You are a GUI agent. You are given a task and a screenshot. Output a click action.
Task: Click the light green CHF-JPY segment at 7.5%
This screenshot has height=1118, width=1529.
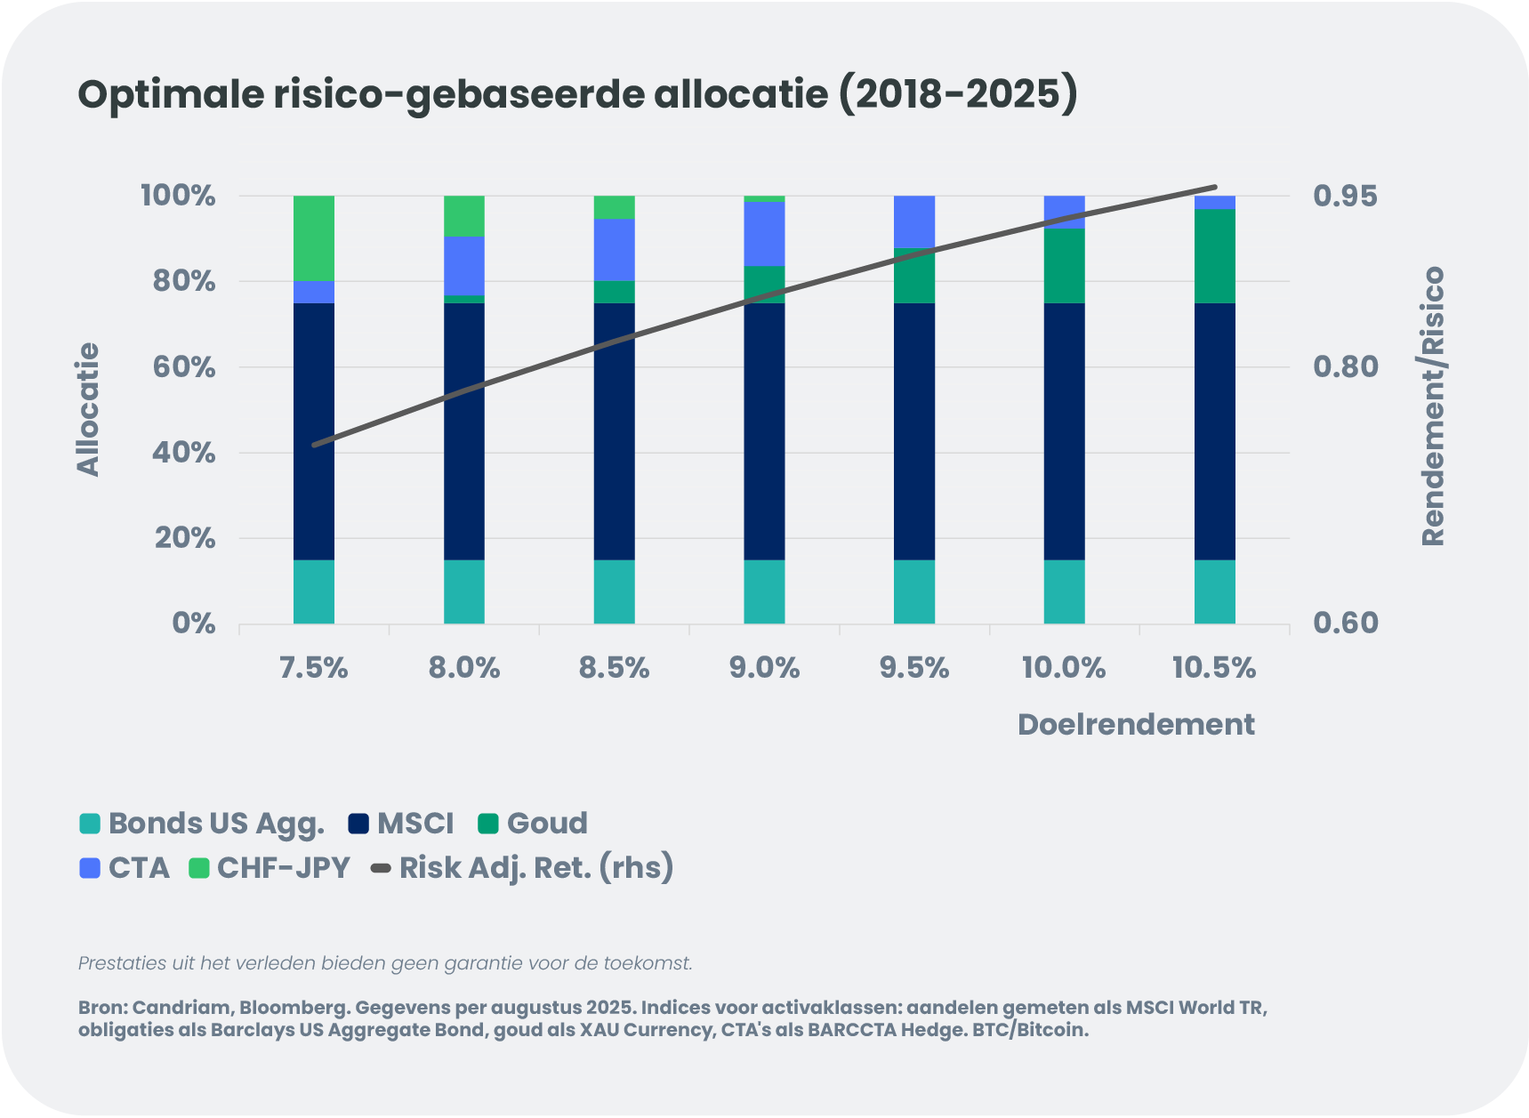[x=314, y=237]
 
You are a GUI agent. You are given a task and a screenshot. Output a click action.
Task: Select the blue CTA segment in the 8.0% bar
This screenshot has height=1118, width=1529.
[x=464, y=265]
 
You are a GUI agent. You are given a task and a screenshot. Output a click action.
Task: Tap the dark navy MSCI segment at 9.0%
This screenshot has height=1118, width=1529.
[x=764, y=431]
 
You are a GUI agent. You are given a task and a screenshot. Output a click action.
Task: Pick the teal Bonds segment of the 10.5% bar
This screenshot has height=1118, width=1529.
[x=1214, y=591]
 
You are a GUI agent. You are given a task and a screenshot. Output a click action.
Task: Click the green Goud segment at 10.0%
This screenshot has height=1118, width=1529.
[x=1064, y=266]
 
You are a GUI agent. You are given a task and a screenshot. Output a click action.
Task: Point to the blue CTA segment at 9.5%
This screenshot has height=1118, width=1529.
[x=914, y=221]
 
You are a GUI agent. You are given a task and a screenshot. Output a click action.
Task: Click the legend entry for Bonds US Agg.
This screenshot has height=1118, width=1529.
[x=203, y=824]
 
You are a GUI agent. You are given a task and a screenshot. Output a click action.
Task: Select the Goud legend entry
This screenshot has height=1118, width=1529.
[x=533, y=824]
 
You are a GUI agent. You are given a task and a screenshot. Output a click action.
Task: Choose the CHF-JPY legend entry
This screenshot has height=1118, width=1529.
[x=270, y=868]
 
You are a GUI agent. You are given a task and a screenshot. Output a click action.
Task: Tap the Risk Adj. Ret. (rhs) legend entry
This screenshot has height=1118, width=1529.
[x=522, y=868]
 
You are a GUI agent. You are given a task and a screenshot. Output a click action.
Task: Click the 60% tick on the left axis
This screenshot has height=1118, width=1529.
[x=184, y=367]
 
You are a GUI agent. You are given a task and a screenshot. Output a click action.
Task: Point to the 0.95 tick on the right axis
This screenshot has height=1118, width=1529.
[x=1345, y=196]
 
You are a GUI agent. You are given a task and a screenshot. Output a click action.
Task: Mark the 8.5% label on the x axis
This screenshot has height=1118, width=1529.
[x=614, y=668]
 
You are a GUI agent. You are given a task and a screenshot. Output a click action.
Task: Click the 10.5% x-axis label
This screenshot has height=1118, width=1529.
[x=1214, y=668]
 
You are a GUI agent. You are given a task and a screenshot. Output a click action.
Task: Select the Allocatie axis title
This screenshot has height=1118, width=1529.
[x=88, y=410]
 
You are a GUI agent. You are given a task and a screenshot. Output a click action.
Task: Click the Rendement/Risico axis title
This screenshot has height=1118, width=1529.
[x=1433, y=406]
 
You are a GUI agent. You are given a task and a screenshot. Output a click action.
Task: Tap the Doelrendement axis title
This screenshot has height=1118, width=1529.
[x=1136, y=725]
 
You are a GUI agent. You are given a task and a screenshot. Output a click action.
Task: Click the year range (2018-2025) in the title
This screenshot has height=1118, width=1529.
[x=958, y=94]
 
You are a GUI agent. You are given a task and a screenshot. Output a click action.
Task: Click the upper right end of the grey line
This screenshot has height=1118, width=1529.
[x=1215, y=188]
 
